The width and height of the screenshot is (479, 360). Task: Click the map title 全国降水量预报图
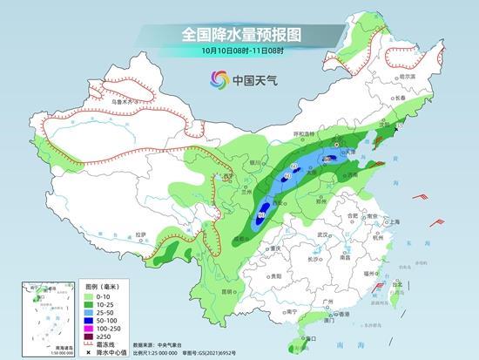coord(239,34)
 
